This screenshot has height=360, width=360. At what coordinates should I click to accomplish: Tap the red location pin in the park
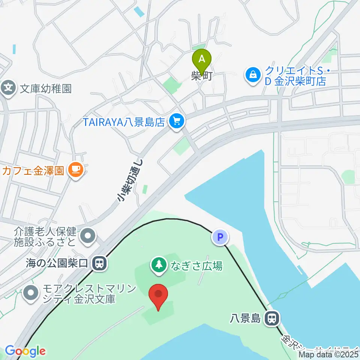159,295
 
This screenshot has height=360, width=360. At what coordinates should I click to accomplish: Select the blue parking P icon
220,237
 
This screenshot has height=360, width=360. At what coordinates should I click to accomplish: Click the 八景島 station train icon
272,319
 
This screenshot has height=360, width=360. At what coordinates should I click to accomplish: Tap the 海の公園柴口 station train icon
100,263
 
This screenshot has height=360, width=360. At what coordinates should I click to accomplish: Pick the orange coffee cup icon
76,171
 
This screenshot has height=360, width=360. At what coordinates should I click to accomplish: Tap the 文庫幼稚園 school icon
8,88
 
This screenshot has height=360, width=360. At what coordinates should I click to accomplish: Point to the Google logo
25,351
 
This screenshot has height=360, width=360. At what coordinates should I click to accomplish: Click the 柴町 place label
202,76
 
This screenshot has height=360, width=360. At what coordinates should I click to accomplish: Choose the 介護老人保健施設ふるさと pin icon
88,236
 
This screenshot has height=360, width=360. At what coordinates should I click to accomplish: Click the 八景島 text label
245,319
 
